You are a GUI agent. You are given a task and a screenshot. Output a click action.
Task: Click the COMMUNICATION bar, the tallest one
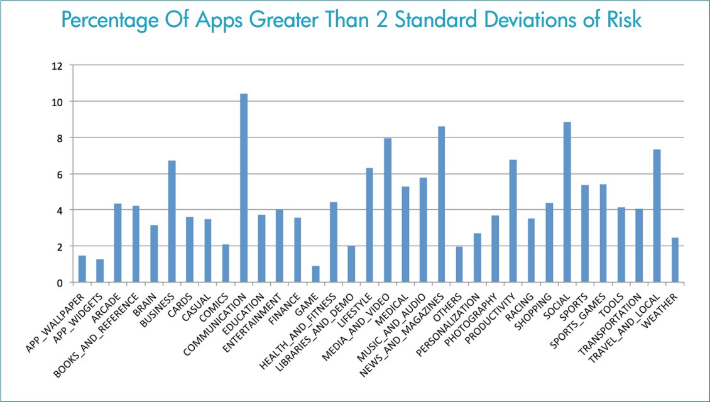point(244,188)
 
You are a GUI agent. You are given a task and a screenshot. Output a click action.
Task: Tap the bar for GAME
point(315,274)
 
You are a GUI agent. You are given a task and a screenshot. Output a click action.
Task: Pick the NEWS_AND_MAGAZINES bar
point(441,205)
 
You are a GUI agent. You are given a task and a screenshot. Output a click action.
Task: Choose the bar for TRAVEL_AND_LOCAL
point(657,216)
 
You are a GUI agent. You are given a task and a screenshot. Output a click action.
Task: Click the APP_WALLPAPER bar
point(82,269)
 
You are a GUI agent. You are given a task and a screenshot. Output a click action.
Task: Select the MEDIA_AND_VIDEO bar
point(388,210)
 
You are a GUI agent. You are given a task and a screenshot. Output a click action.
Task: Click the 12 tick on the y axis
point(57,65)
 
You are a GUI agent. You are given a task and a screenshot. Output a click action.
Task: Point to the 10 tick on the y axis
point(57,102)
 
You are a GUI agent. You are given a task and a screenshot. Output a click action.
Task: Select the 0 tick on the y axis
point(60,283)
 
